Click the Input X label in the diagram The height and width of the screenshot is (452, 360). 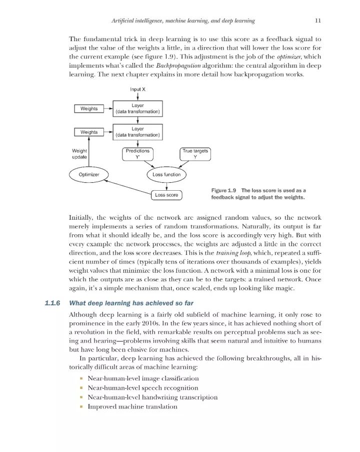point(138,89)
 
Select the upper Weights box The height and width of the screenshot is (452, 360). point(89,109)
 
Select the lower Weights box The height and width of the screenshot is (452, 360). point(89,132)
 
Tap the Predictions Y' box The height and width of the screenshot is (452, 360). point(137,154)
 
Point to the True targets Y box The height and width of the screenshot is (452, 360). point(195,154)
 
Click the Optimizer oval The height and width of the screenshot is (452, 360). point(89,175)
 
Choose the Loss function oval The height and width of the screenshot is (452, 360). point(166,175)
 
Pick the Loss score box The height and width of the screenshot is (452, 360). point(166,195)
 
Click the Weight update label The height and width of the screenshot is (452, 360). point(80,154)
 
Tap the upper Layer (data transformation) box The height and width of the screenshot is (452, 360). point(137,109)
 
